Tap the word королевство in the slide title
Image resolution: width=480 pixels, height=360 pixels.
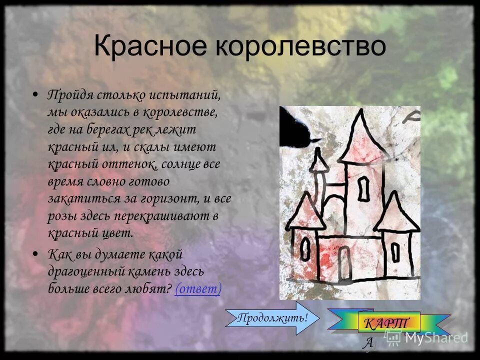(x=301, y=46)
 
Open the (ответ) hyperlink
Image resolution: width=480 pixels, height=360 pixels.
(x=198, y=288)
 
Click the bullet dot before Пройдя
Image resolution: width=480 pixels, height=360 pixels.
(x=34, y=94)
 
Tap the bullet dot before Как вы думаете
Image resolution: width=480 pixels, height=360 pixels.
(x=34, y=254)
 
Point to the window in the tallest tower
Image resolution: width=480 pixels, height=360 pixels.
(x=364, y=188)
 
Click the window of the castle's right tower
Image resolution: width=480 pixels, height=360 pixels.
(x=395, y=253)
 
